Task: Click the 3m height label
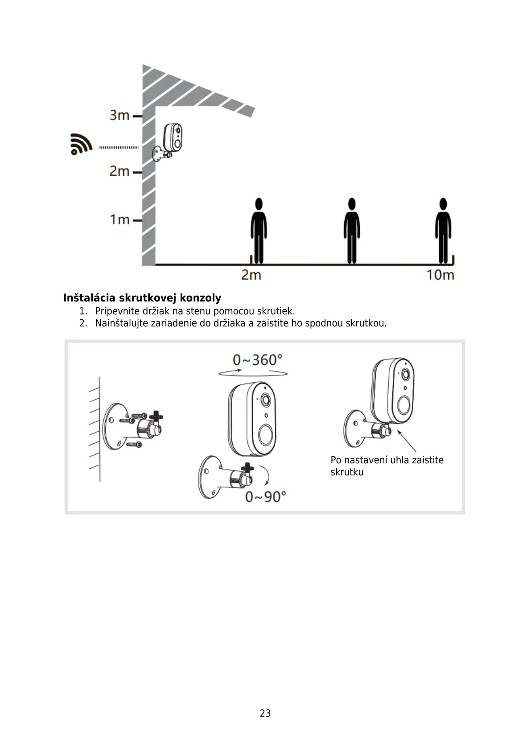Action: (x=119, y=115)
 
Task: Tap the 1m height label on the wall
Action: (x=119, y=219)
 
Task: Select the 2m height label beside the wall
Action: (x=119, y=171)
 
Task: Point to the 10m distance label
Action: (x=440, y=275)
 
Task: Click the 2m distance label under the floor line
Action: (x=251, y=275)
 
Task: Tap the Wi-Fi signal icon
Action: (x=81, y=144)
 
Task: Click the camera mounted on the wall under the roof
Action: (x=172, y=138)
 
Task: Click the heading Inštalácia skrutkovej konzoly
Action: (x=142, y=298)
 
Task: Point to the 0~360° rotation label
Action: (x=258, y=359)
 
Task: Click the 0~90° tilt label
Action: (x=265, y=496)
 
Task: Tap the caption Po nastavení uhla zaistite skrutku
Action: (x=387, y=466)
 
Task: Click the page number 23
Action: (x=265, y=713)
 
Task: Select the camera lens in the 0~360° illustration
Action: (x=265, y=400)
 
